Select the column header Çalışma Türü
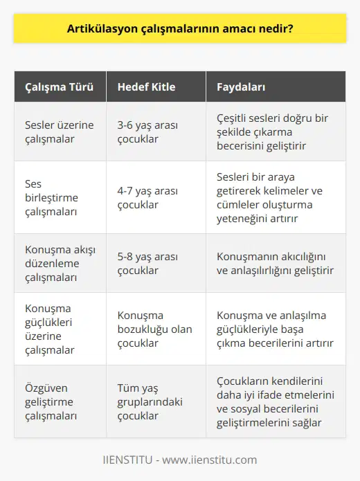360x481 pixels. pos(55,88)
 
